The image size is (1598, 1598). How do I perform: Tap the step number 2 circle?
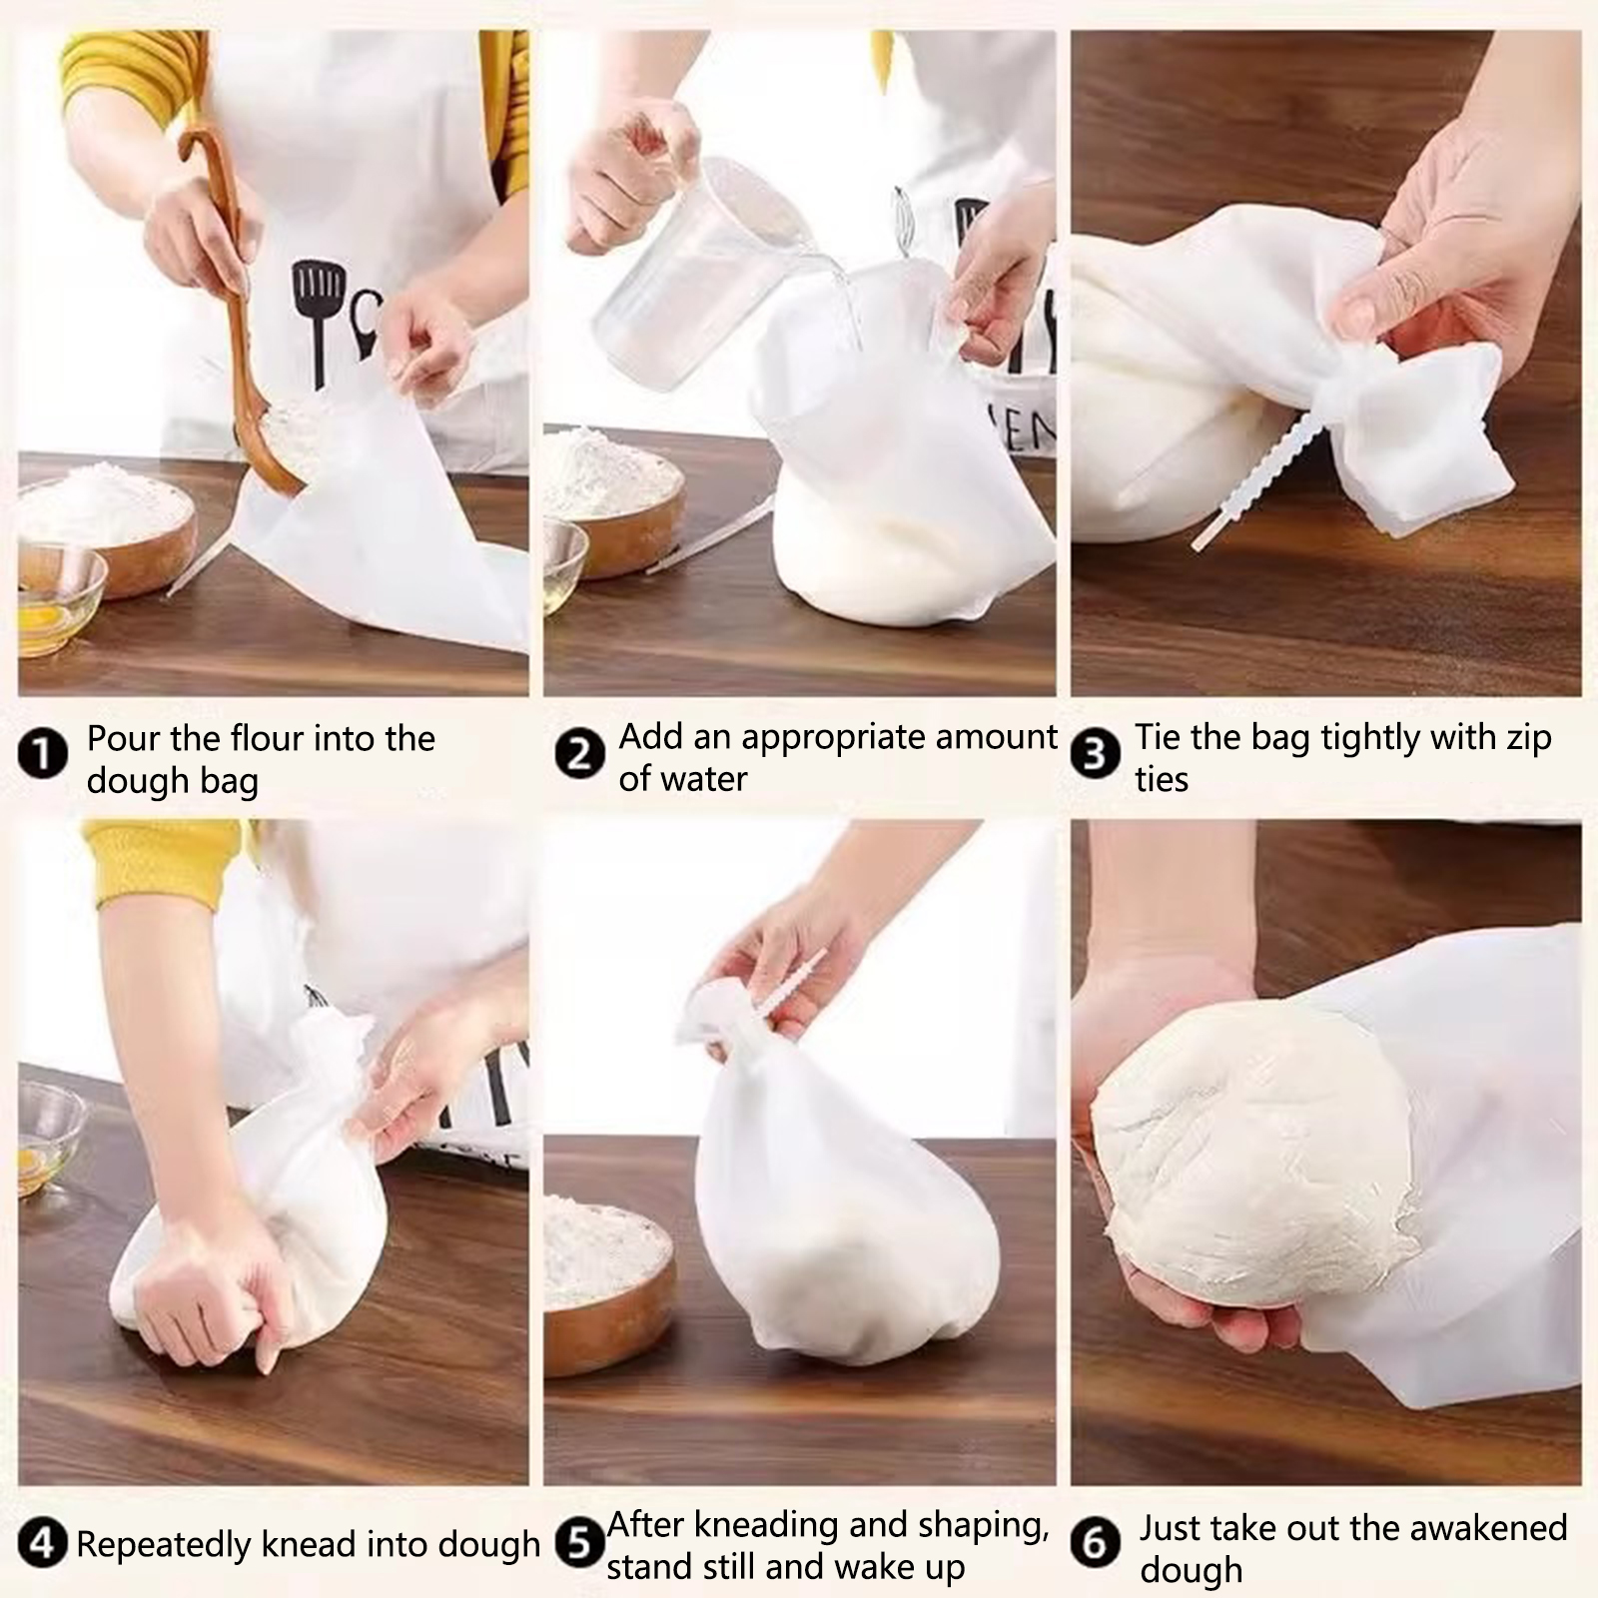[580, 754]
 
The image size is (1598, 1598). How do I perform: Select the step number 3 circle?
[1096, 754]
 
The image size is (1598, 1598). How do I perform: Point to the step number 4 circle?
[42, 1544]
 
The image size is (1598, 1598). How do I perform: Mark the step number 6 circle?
[1096, 1544]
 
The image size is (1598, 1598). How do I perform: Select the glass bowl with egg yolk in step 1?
[60, 599]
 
